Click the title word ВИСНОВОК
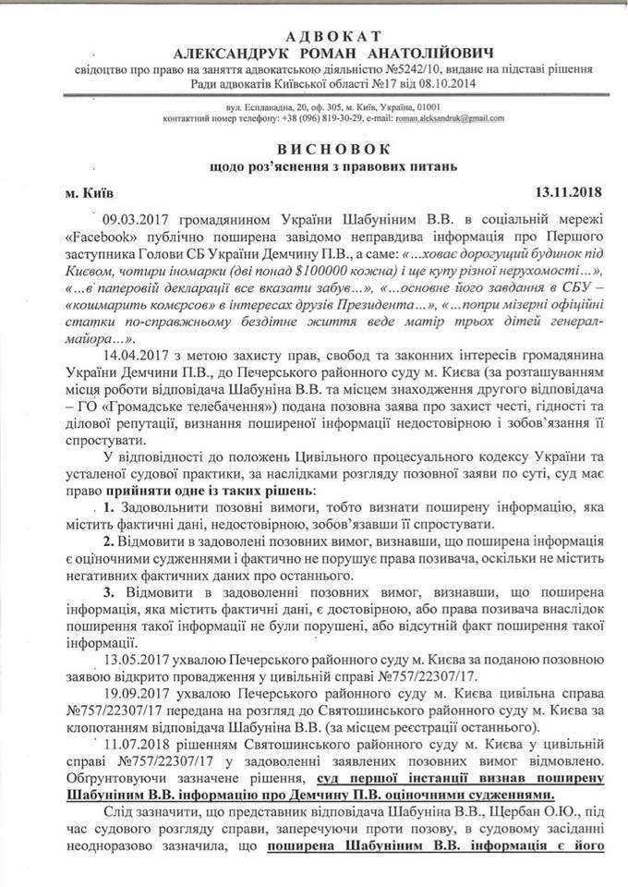click(x=313, y=149)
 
